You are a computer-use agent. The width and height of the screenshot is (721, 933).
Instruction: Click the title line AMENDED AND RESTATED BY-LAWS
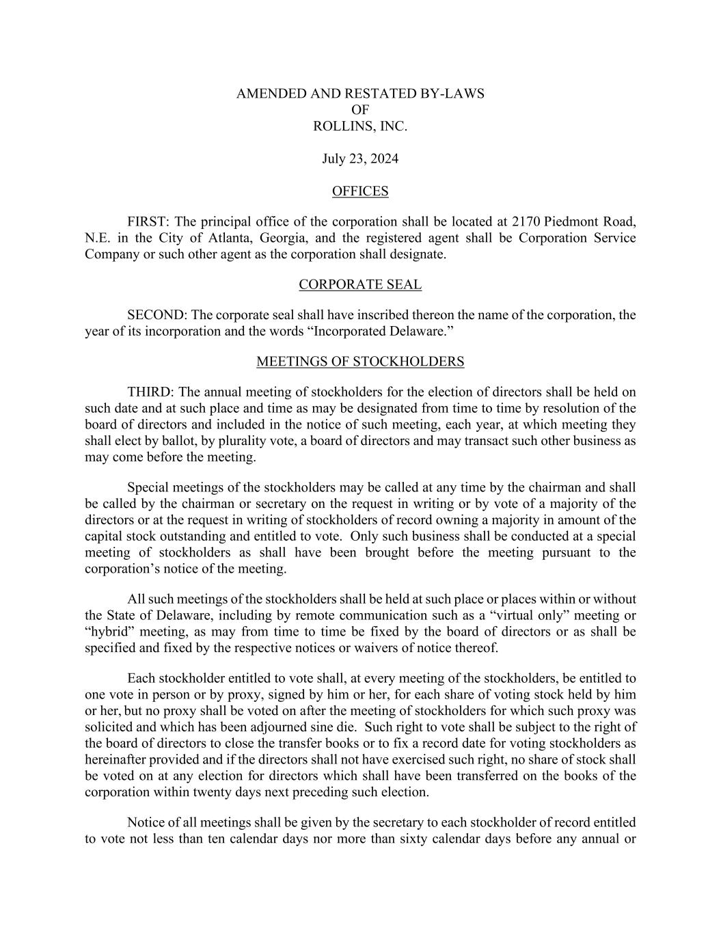point(360,94)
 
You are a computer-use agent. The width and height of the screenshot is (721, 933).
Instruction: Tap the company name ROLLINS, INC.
point(360,126)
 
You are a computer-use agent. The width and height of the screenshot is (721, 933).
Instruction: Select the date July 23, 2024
point(360,159)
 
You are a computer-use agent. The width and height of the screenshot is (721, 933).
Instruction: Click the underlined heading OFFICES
point(360,191)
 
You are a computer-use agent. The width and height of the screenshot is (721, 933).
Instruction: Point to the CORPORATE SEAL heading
point(360,284)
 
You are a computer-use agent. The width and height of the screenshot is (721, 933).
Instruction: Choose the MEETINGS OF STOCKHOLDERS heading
point(360,362)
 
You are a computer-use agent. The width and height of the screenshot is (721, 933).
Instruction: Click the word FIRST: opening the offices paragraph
point(149,222)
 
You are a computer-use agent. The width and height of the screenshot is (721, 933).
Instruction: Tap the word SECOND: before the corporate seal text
point(157,315)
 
